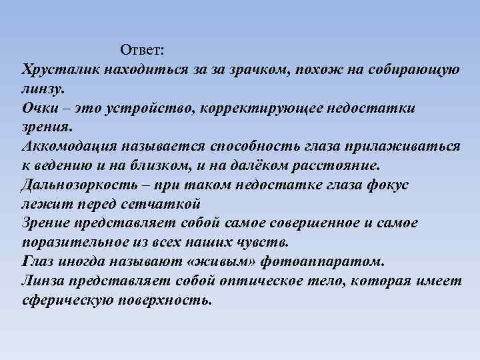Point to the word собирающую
tap(413, 69)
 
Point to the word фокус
tap(390, 185)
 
